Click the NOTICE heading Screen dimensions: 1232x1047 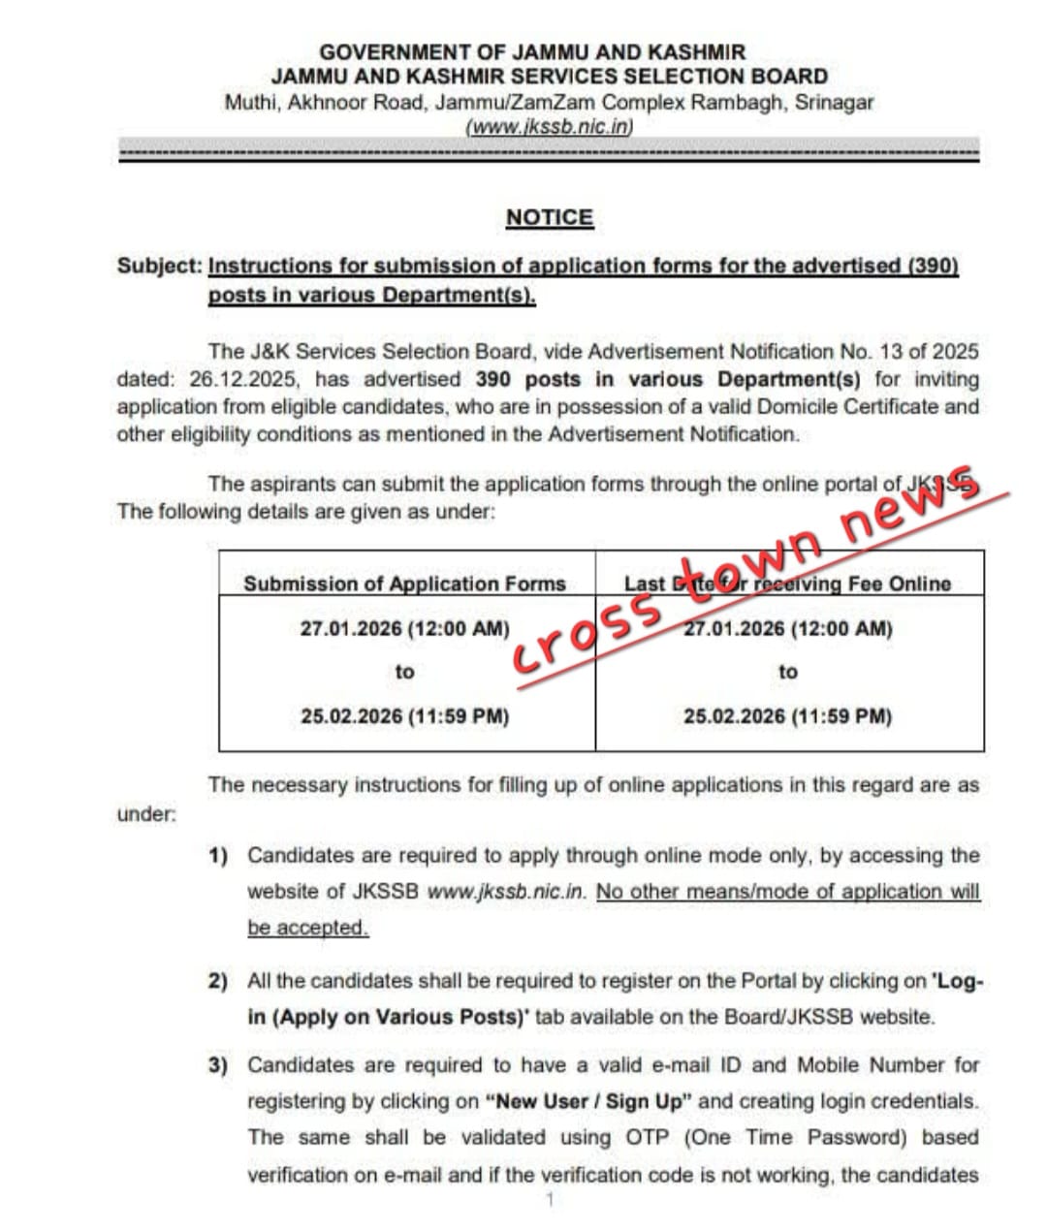(549, 217)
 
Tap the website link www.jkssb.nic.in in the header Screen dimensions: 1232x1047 (549, 127)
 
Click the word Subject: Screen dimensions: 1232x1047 (160, 266)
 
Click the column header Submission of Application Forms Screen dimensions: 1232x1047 (404, 584)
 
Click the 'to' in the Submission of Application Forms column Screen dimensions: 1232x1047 (404, 672)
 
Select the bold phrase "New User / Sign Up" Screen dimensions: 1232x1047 (591, 1101)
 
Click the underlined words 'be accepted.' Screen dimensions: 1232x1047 (308, 928)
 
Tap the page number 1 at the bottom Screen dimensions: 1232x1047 (549, 1200)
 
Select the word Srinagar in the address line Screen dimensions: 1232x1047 (834, 102)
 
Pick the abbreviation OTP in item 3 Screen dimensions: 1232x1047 (647, 1137)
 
